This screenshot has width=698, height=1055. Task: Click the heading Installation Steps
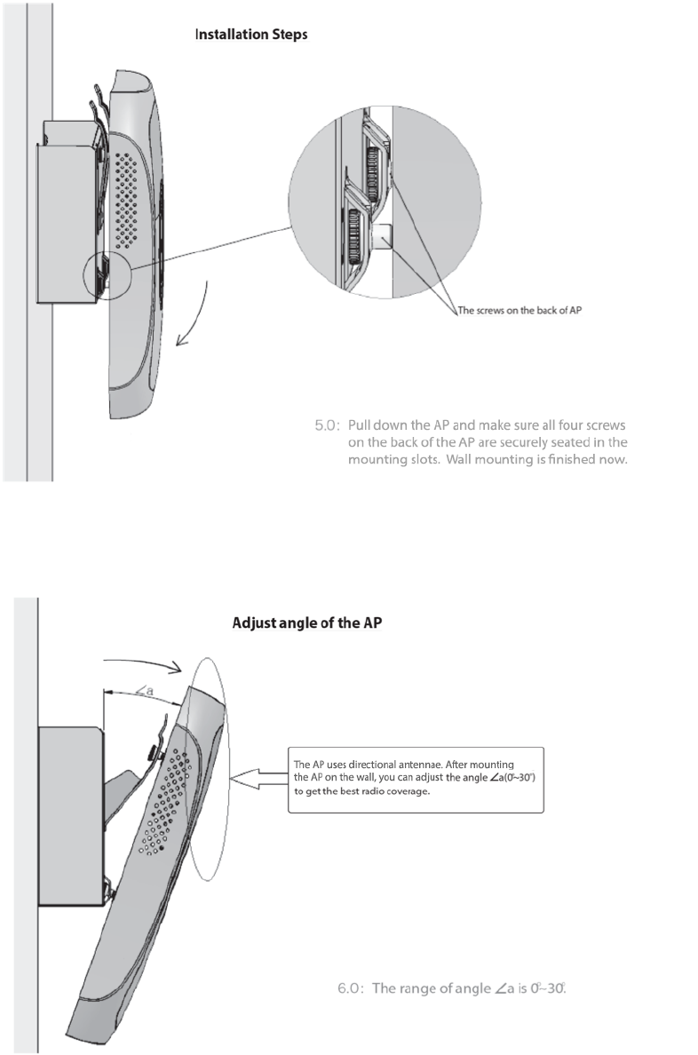click(251, 36)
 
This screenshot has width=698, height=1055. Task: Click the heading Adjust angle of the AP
click(306, 623)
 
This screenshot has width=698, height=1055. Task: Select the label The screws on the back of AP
click(520, 311)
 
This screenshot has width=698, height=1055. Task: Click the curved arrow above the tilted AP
click(142, 661)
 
